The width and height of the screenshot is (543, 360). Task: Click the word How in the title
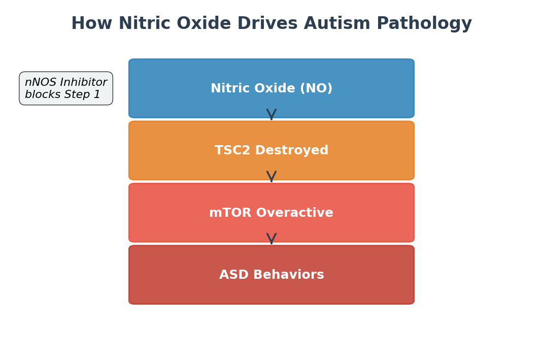92,23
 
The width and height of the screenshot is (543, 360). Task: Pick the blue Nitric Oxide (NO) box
271,88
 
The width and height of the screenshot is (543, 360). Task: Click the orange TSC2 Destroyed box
271,150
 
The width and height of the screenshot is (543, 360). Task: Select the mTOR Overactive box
271,213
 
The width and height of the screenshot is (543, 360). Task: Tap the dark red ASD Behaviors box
271,275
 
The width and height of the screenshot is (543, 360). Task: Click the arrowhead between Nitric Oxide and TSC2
271,114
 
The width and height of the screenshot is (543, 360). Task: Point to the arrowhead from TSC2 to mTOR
271,176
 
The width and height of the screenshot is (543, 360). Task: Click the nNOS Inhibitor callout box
66,88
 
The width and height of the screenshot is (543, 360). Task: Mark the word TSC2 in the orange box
233,150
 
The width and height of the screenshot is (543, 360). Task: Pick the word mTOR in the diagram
230,213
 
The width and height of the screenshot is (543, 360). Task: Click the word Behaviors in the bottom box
288,275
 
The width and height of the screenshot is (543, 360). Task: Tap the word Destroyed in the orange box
292,150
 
